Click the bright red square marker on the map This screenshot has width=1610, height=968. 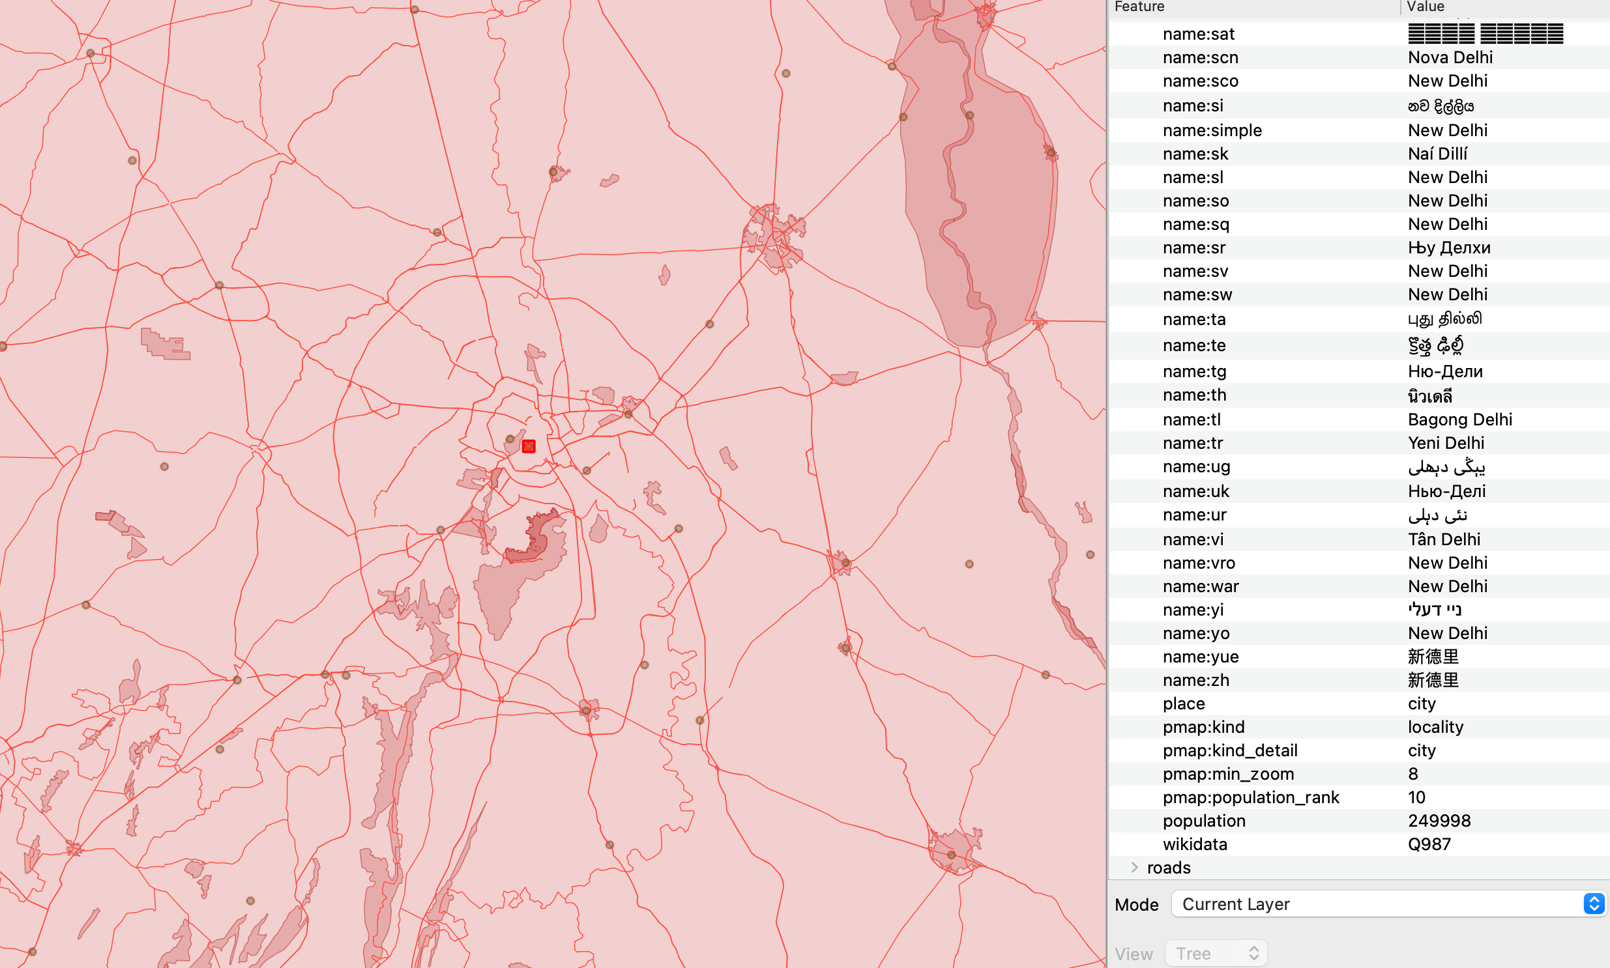[529, 446]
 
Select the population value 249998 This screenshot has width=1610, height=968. [1439, 821]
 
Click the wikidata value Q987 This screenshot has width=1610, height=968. [1429, 844]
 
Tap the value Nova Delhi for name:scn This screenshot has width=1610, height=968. [1450, 57]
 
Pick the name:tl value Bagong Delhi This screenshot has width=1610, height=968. [1460, 420]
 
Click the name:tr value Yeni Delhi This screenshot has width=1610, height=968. [1446, 443]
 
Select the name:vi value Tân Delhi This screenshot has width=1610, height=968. [1444, 539]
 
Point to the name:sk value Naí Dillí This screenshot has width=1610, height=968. [1437, 154]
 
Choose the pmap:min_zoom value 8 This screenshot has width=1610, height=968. [1413, 774]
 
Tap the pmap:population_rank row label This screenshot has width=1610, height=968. [1250, 797]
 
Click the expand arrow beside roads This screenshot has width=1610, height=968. [1134, 868]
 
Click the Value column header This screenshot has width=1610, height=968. [1426, 7]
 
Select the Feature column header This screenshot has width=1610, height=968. [1139, 7]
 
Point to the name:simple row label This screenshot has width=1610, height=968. [1212, 130]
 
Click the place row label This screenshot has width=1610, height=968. [1184, 703]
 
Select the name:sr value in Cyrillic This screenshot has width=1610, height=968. [1449, 248]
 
